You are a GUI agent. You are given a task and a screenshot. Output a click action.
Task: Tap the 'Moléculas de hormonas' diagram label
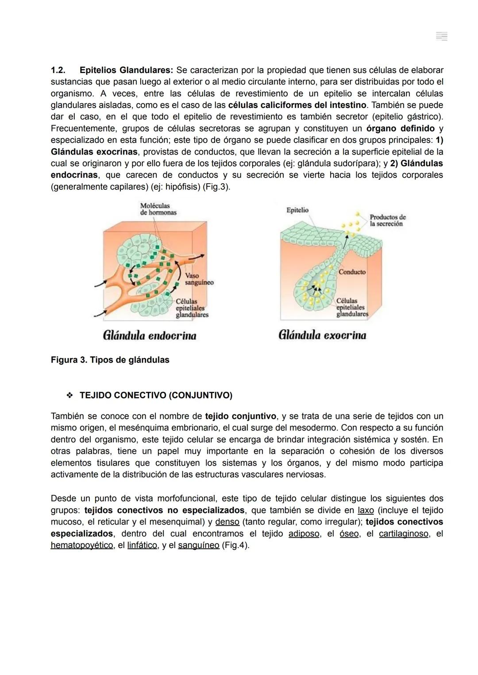158,209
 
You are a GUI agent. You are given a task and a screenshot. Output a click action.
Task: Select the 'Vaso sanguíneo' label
199,279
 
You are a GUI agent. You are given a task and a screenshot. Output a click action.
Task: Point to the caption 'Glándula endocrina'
150,336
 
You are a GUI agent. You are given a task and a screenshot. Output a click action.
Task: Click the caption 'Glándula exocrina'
322,335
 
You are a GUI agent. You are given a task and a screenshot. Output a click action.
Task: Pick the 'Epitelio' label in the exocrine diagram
297,210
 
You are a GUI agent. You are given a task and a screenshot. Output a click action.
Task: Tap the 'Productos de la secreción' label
387,220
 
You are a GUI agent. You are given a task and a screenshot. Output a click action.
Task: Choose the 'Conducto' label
352,272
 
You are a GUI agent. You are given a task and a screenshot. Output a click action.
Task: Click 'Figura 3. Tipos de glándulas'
110,360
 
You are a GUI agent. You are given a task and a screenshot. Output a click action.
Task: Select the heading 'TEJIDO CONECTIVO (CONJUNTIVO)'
156,395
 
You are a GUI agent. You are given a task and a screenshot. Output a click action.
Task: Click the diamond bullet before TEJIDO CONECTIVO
69,395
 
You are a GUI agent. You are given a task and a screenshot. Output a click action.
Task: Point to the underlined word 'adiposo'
304,534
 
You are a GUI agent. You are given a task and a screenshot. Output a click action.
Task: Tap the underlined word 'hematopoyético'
81,545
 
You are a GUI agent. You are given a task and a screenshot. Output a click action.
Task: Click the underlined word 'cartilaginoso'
403,534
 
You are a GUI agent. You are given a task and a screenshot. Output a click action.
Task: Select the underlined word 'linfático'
142,545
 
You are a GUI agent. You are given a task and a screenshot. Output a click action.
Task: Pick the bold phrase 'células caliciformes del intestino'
297,105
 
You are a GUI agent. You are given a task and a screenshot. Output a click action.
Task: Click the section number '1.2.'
58,70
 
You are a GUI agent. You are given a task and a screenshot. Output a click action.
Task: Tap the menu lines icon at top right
441,36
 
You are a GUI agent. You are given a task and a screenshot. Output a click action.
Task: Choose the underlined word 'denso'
227,522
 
